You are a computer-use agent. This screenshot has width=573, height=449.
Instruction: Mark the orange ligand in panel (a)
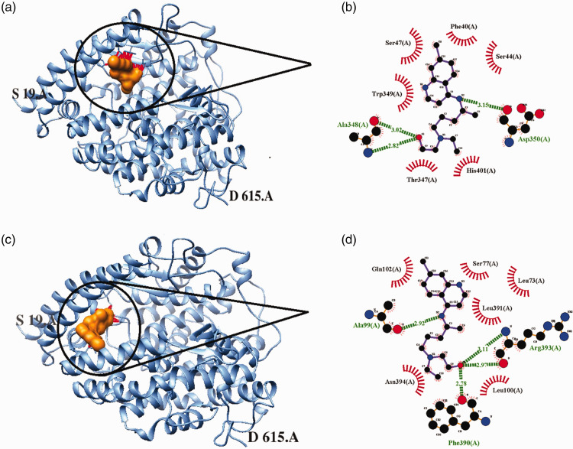coord(121,72)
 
